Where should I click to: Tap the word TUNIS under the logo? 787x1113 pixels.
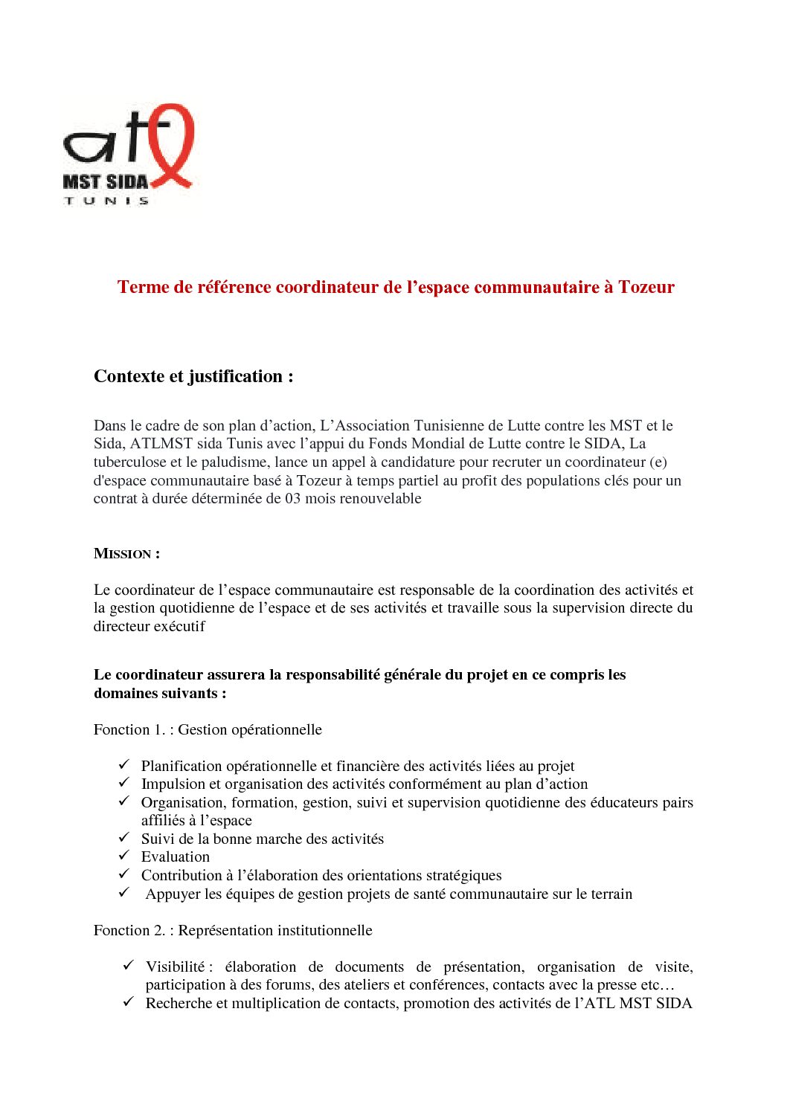click(x=106, y=201)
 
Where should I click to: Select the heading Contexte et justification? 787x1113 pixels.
click(x=193, y=376)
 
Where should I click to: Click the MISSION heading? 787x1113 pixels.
click(x=126, y=554)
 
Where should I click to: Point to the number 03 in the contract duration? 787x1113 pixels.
click(x=293, y=498)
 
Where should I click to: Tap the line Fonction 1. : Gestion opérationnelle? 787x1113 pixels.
click(x=208, y=729)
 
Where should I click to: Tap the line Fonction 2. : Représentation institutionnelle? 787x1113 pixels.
click(x=233, y=930)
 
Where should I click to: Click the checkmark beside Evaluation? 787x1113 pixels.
click(x=124, y=856)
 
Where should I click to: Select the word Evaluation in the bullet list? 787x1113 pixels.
click(x=176, y=856)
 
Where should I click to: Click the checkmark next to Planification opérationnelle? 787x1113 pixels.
click(x=124, y=764)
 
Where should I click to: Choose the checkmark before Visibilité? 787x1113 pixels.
click(x=128, y=965)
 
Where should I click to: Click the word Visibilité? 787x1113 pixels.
click(x=175, y=967)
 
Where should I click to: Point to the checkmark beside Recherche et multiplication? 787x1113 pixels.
click(x=128, y=1001)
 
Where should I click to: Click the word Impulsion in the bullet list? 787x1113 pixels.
click(x=172, y=784)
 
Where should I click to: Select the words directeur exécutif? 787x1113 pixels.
click(x=149, y=626)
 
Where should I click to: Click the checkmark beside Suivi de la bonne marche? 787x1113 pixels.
click(x=124, y=837)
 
